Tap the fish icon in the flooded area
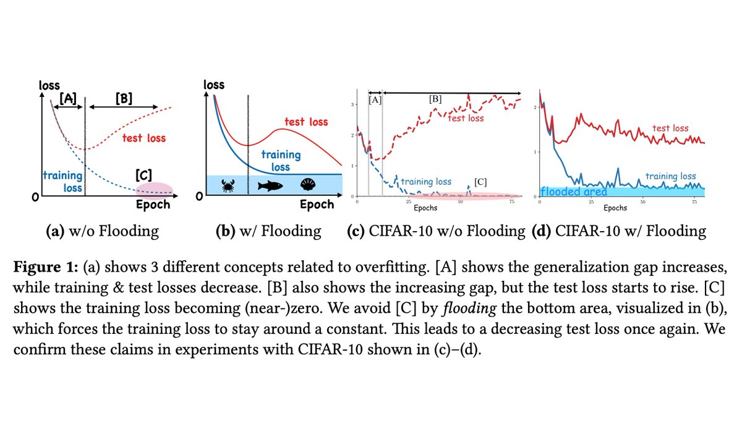tap(270, 185)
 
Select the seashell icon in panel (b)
tap(307, 185)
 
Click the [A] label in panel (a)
tap(67, 98)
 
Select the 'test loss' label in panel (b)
tap(305, 122)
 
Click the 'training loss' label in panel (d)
tap(670, 176)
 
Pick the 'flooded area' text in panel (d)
tap(573, 192)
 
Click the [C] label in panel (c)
tap(482, 182)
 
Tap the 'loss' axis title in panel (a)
tap(49, 85)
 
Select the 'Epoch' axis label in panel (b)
tap(317, 205)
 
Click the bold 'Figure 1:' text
tap(46, 272)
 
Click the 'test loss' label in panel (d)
tap(670, 129)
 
